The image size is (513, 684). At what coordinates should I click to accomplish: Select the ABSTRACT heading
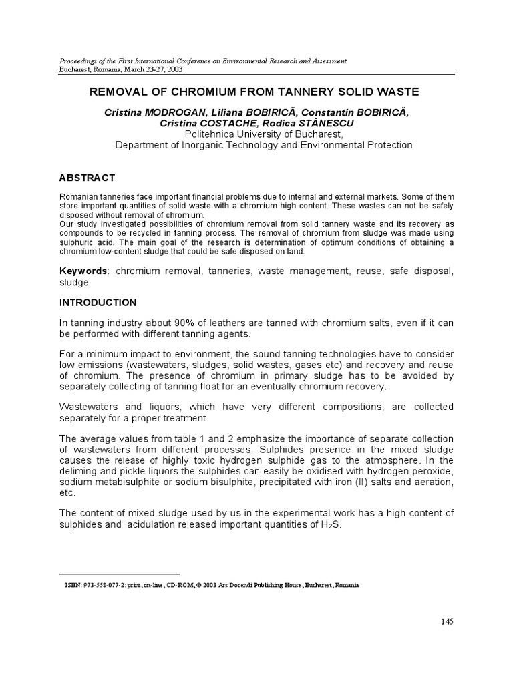coord(87,178)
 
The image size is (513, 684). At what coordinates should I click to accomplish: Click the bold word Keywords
coord(83,270)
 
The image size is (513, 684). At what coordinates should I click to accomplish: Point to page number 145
coord(447,621)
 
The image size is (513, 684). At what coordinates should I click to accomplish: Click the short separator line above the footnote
coord(120,574)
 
